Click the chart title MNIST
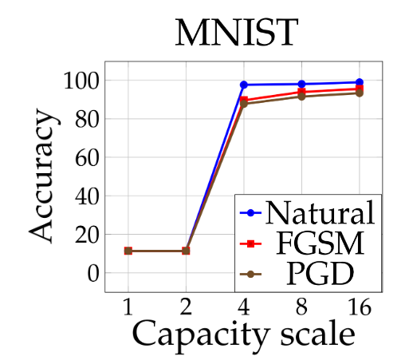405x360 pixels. (x=237, y=33)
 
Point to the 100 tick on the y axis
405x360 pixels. (x=81, y=81)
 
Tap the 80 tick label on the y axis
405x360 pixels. (x=86, y=120)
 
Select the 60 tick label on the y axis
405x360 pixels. (x=86, y=158)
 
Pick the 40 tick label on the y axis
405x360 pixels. (x=86, y=197)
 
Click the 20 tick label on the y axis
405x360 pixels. (x=86, y=235)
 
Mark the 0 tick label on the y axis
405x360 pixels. (x=92, y=274)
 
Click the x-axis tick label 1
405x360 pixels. (x=128, y=307)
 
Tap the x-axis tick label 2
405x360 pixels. (x=186, y=307)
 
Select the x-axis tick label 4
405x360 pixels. (x=244, y=307)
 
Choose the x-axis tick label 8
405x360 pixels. (x=301, y=307)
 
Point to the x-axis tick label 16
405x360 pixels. (x=360, y=307)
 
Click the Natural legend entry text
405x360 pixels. (x=320, y=212)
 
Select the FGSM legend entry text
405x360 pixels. (x=320, y=243)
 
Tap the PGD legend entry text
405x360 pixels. (x=320, y=274)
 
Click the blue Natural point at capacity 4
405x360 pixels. (x=244, y=85)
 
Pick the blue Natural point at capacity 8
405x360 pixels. (x=301, y=84)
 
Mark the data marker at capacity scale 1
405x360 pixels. (x=128, y=251)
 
